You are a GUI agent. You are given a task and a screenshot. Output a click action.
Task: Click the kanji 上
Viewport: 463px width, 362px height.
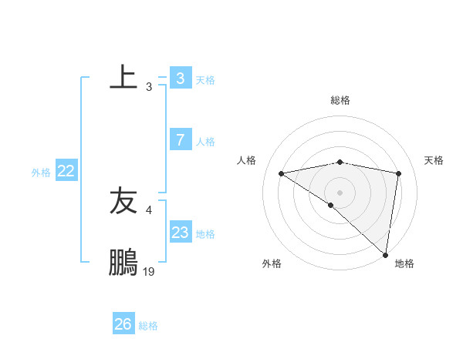123,77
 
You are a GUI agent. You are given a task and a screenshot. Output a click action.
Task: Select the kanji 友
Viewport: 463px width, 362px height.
123,201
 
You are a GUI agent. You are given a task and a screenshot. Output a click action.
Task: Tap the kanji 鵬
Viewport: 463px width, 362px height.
123,263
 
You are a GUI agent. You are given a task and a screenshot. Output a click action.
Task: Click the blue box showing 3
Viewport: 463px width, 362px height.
180,79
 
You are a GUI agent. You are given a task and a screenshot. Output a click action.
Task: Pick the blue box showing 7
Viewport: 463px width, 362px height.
180,140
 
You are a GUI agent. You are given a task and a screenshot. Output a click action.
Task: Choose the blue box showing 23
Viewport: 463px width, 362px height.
180,233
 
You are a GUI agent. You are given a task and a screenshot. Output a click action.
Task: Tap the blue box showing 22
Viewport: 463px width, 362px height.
66,171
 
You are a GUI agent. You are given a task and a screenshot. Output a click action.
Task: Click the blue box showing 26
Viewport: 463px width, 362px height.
123,324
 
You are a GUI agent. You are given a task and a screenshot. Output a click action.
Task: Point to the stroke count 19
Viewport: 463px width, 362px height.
149,271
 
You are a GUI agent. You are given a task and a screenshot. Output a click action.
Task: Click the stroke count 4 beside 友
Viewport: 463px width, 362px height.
149,209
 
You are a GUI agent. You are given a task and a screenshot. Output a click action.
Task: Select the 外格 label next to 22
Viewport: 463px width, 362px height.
41,173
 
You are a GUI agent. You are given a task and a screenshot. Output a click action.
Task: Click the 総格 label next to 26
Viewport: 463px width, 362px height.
148,326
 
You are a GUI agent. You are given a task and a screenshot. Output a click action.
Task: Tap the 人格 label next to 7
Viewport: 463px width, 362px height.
205,142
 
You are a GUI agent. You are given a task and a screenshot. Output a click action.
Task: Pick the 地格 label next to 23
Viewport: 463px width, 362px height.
205,234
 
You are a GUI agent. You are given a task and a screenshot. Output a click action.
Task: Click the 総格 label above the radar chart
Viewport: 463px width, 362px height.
340,100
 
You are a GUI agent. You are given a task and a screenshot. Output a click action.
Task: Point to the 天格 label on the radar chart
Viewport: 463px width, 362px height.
434,160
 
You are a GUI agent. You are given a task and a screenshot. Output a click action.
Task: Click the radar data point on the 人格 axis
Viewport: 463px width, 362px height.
282,173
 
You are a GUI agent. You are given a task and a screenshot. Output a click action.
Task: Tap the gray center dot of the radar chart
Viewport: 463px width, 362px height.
340,192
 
